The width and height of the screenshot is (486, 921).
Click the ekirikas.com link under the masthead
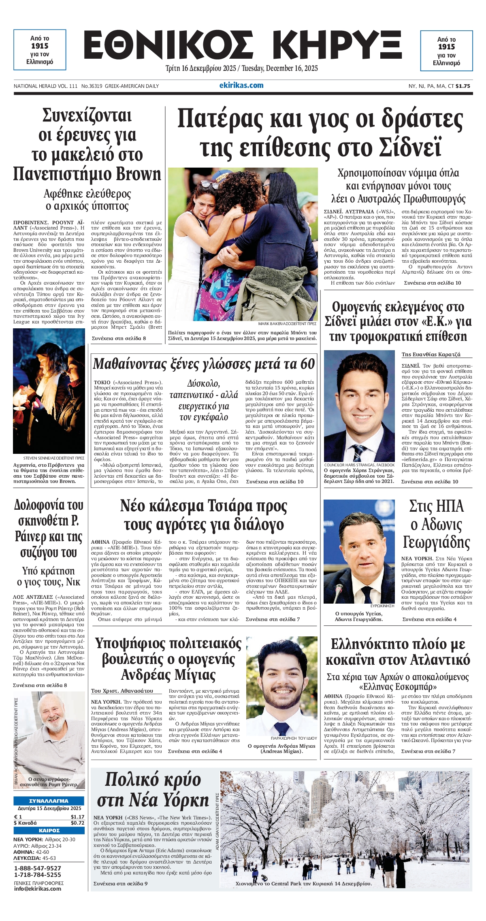(241, 85)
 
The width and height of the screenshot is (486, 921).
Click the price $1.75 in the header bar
(463, 86)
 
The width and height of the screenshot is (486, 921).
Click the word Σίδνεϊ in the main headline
(409, 147)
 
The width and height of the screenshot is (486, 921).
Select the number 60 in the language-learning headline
(307, 364)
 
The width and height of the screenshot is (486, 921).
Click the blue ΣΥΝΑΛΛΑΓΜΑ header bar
(49, 801)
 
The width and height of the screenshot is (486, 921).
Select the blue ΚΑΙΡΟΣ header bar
(49, 830)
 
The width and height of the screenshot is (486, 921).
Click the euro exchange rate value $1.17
(77, 817)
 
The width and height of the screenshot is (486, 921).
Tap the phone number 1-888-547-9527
(38, 868)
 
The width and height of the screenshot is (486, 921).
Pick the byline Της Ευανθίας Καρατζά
(431, 354)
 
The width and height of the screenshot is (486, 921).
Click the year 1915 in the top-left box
(40, 46)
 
